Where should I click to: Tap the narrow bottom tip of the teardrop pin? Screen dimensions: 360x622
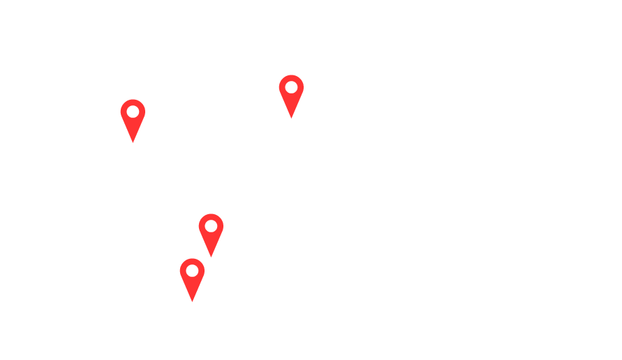pos(195,300)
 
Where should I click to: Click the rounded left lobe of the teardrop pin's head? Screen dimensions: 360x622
pos(184,271)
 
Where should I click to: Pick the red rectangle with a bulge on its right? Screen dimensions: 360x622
pos(290,97)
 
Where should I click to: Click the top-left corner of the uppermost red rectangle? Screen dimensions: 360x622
pos(280,75)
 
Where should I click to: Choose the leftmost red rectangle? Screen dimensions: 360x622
pos(134,121)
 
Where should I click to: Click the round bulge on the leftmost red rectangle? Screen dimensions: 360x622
pos(124,111)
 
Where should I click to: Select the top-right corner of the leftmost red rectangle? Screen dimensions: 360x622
pos(145,100)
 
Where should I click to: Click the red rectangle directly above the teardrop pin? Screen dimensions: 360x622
pos(212,236)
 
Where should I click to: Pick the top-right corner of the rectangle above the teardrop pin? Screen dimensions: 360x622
pos(223,214)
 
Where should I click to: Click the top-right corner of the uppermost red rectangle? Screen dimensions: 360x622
pos(301,75)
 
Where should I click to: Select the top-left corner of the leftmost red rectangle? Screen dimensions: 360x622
pos(124,100)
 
